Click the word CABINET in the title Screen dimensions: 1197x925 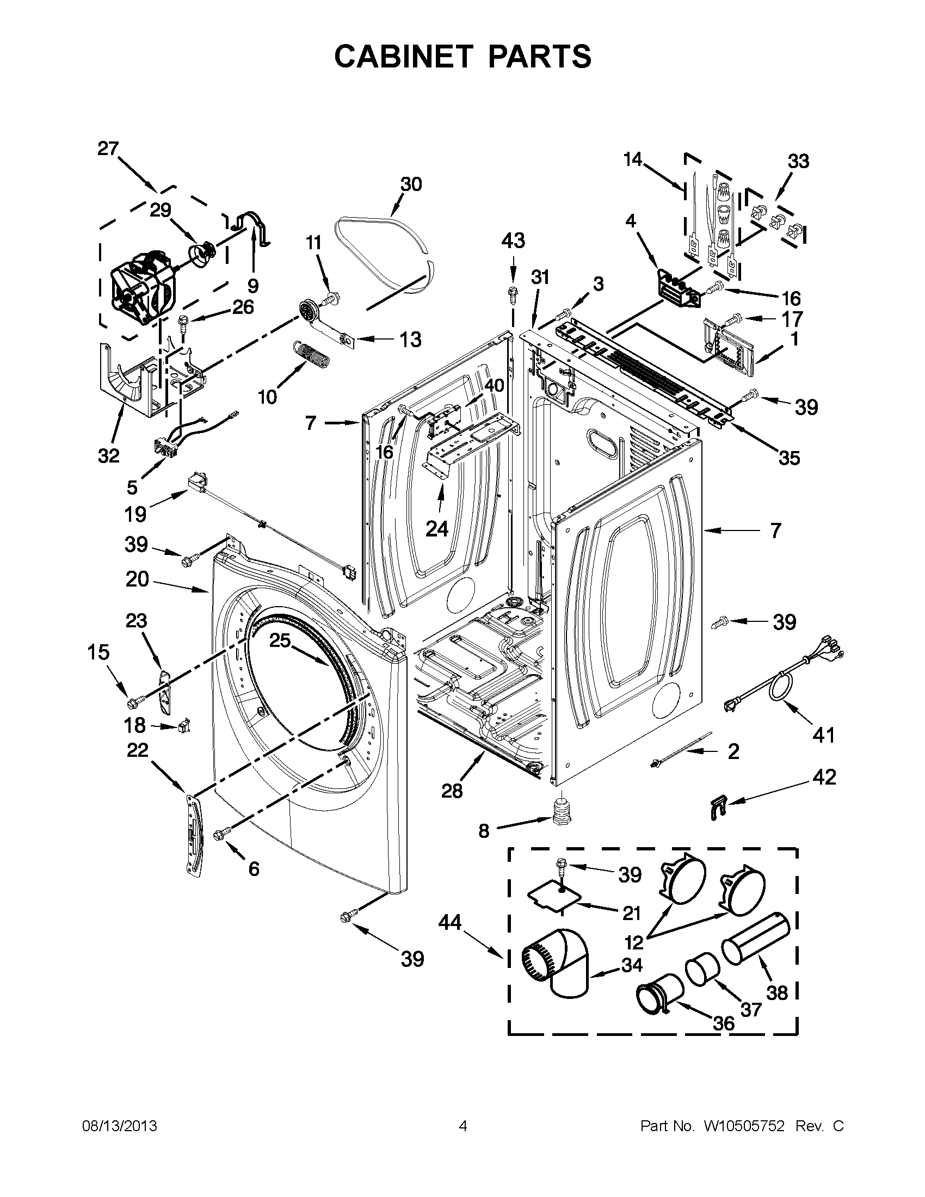coord(402,57)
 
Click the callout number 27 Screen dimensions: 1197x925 coord(108,149)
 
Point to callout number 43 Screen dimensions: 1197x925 coord(513,240)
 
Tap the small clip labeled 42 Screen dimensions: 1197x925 coord(713,807)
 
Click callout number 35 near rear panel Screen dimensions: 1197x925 coord(789,458)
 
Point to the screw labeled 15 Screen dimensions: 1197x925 coord(134,701)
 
